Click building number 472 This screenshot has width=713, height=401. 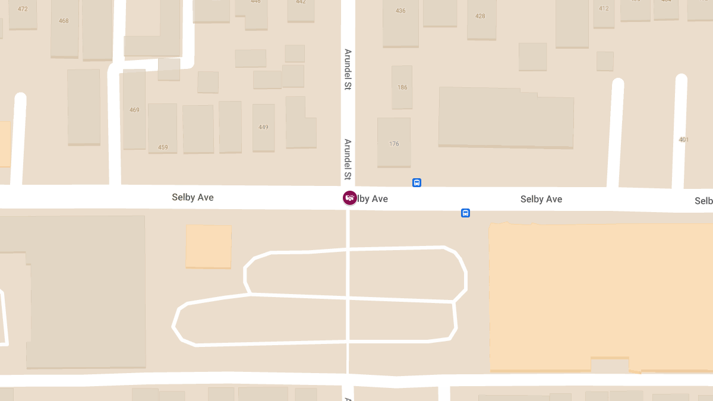pos(23,9)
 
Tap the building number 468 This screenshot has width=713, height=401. pos(64,21)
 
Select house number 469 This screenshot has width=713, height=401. pos(134,110)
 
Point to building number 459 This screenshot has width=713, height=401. pos(163,147)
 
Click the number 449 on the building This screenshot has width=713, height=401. pos(263,127)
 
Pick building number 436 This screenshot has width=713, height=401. pos(400,11)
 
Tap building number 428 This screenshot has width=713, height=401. pos(480,16)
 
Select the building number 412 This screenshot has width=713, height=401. pos(604,8)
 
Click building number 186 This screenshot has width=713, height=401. pos(402,87)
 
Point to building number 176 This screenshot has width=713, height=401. pos(394,144)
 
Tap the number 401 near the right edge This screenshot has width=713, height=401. pos(683,140)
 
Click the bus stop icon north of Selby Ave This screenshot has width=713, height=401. pos(417,183)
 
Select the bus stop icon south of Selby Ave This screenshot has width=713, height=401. pos(466,213)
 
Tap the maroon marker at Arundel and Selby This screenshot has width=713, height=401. pos(350,198)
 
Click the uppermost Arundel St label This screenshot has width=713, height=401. pos(348,70)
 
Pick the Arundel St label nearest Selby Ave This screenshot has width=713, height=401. pos(348,159)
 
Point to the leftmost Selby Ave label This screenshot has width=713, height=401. pos(193,197)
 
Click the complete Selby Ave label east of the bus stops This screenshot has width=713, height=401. pos(541,199)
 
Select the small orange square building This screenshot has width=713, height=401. pos(209,246)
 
